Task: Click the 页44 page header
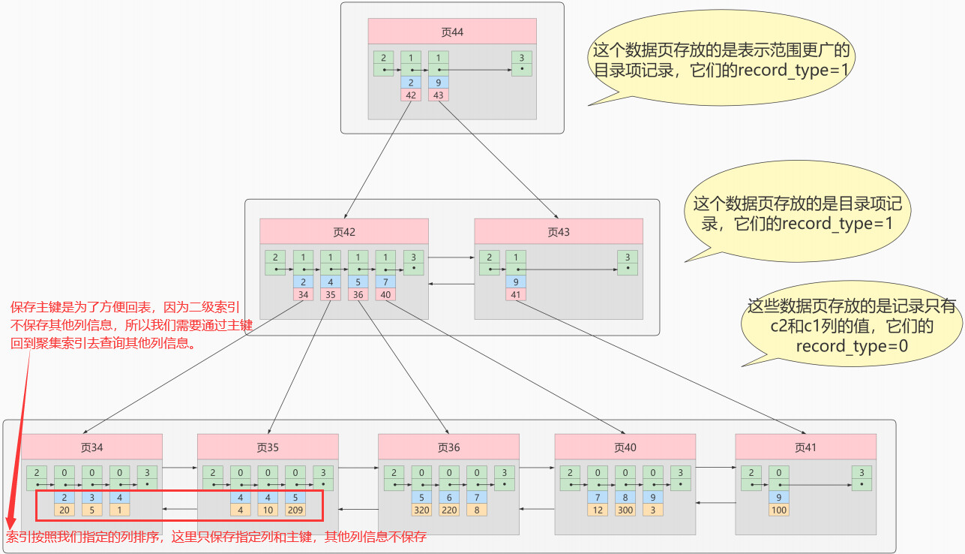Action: pos(452,32)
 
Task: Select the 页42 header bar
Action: pos(344,232)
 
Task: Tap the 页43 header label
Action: pos(559,232)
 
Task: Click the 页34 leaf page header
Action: pos(91,447)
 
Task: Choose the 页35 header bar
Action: pos(268,447)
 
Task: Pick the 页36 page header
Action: pos(448,447)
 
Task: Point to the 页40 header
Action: pos(625,447)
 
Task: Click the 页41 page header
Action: pos(805,447)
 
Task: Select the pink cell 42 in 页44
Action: pos(411,95)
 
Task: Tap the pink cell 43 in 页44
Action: pos(439,95)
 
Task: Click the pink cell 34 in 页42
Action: pos(303,295)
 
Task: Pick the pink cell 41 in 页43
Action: pos(515,295)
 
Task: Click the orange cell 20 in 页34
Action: pos(64,510)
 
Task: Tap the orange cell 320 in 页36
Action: pos(422,510)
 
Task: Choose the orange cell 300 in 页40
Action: pos(625,510)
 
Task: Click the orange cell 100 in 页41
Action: pos(778,510)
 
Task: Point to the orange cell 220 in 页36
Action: pos(449,510)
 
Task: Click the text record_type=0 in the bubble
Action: pos(852,346)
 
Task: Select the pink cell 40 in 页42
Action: pos(385,295)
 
